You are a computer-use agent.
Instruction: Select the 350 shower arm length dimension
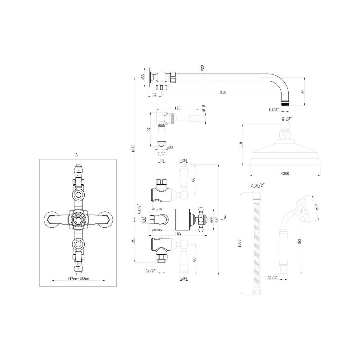pyautogui.click(x=223, y=92)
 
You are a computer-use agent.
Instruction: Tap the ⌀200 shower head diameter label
pyautogui.click(x=285, y=173)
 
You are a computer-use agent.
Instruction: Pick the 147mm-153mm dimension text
pyautogui.click(x=78, y=279)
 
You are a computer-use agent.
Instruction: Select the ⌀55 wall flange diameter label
pyautogui.click(x=143, y=77)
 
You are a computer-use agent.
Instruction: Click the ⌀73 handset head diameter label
pyautogui.click(x=316, y=207)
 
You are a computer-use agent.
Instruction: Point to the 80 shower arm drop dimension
pyautogui.click(x=302, y=91)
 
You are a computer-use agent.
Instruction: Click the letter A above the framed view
pyautogui.click(x=76, y=154)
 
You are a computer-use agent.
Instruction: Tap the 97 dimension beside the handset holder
pyautogui.click(x=149, y=129)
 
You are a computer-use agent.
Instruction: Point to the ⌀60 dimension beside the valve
pyautogui.click(x=211, y=220)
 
